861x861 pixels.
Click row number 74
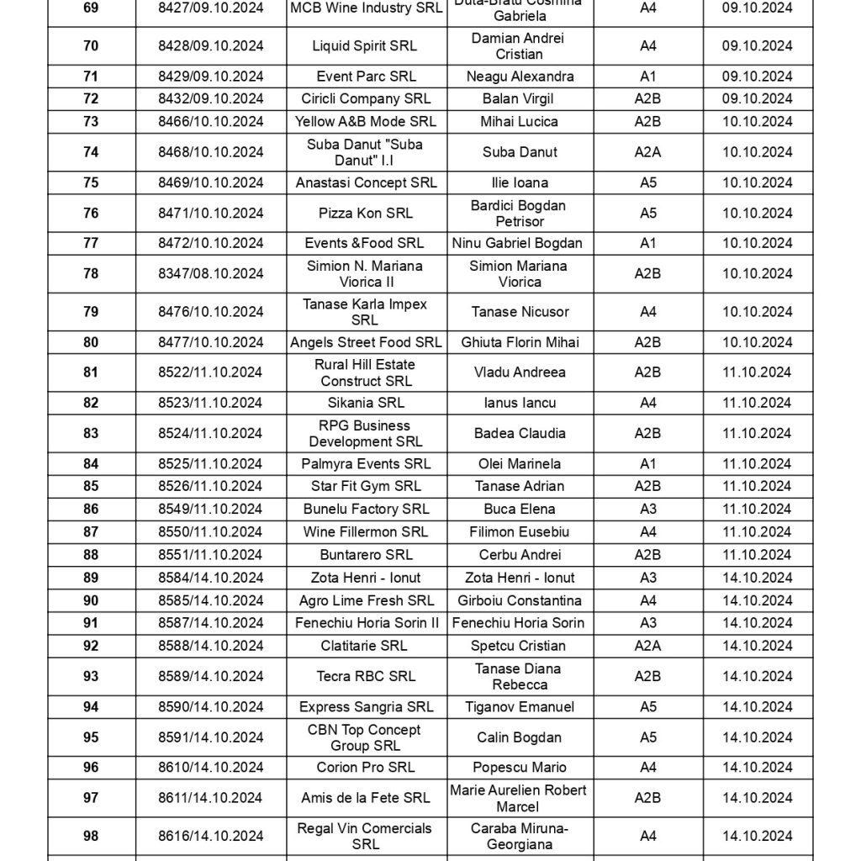point(91,152)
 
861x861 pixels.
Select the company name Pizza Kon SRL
point(366,214)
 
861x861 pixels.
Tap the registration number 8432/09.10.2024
point(211,98)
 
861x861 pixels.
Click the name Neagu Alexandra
point(520,77)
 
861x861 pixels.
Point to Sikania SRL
point(366,403)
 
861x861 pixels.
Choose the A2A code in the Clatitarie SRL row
point(647,646)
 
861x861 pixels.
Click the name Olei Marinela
point(520,463)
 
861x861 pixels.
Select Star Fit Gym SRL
point(366,486)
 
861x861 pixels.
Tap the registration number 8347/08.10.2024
point(211,273)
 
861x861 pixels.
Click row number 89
point(91,578)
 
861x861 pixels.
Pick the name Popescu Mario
point(520,767)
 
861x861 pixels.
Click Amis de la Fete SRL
point(366,797)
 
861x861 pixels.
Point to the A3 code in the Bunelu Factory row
point(647,509)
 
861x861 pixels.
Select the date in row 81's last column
point(757,372)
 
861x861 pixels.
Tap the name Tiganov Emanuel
point(520,707)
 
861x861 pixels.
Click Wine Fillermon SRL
point(366,531)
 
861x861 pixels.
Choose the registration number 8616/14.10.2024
point(211,836)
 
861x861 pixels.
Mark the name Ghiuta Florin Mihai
point(520,342)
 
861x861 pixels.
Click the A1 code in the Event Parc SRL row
point(647,77)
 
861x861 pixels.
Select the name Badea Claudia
point(520,433)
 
